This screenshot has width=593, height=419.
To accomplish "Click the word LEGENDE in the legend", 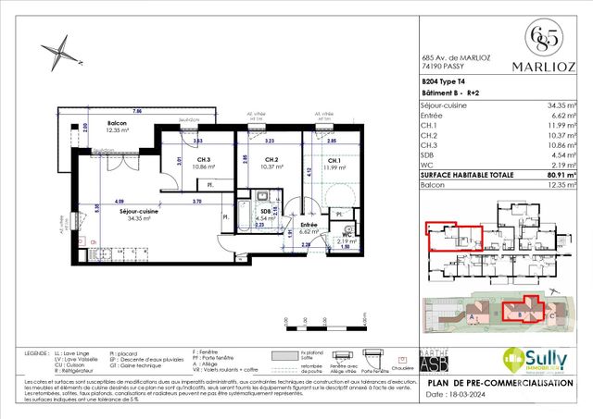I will pos(38,352).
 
